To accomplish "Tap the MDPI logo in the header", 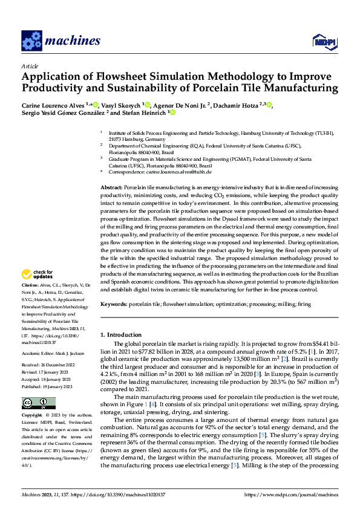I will coord(324,41).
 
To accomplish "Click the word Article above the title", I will coord(30,65).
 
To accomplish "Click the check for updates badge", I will coord(43,274).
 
